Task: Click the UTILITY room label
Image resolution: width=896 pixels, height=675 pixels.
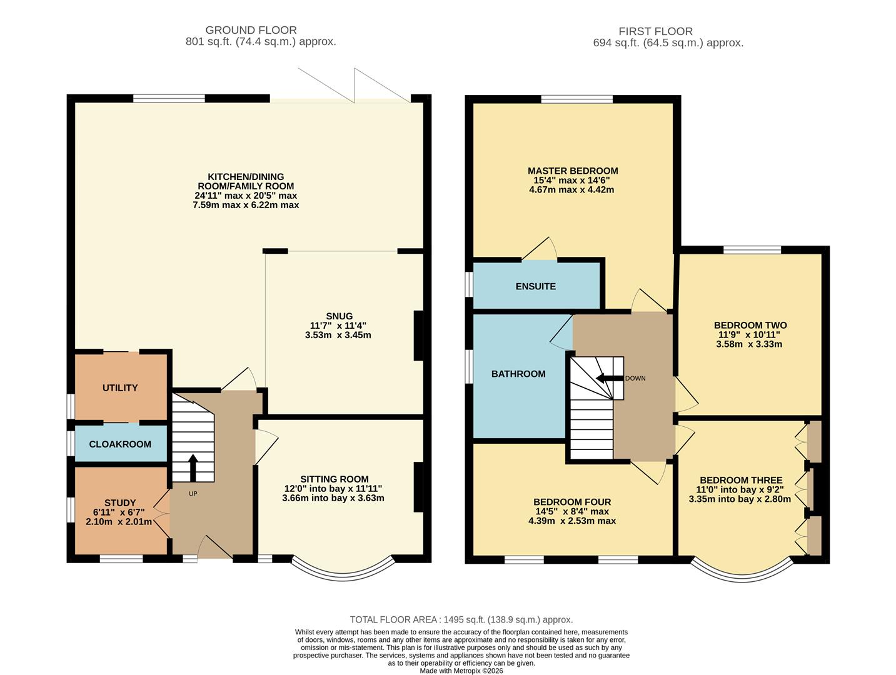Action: (x=120, y=387)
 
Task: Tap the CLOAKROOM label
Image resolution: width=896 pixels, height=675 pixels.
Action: (x=120, y=444)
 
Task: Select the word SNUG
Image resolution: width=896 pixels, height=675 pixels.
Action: (x=339, y=316)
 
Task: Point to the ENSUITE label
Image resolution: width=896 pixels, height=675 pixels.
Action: (x=535, y=286)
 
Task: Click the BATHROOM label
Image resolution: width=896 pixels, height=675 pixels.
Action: (x=518, y=374)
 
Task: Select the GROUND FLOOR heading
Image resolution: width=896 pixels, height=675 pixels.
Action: (x=251, y=30)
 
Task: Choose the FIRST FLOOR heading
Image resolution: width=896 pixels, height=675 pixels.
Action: (x=655, y=31)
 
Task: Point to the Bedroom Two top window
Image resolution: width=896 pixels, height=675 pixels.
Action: (x=752, y=250)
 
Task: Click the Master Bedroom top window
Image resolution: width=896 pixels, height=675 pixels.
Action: (x=576, y=99)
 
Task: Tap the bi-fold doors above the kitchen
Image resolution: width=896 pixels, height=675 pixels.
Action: (x=341, y=99)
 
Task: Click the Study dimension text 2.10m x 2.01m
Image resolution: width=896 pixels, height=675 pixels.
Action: (x=119, y=521)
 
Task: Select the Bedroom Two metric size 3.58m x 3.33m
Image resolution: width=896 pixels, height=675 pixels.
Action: (x=749, y=344)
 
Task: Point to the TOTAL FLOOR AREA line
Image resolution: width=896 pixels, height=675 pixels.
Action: (x=461, y=619)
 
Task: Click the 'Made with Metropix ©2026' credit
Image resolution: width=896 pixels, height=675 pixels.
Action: (x=461, y=671)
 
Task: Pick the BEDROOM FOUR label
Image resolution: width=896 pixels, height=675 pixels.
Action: (x=572, y=502)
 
